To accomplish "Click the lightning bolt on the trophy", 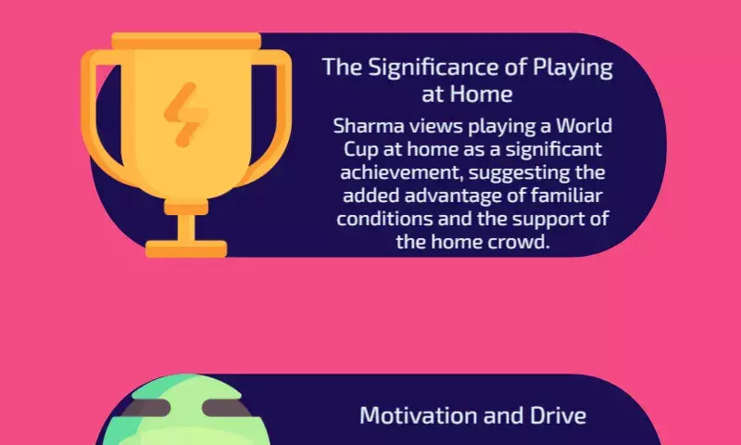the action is pyautogui.click(x=186, y=114).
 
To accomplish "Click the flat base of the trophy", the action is pyautogui.click(x=186, y=248).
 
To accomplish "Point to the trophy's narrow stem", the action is pyautogui.click(x=186, y=228).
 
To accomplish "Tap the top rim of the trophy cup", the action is pyautogui.click(x=186, y=41).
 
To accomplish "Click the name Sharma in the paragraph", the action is pyautogui.click(x=369, y=126).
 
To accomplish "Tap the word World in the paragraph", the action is pyautogui.click(x=584, y=126).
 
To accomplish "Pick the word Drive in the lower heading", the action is pyautogui.click(x=558, y=415).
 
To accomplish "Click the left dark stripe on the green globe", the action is pyautogui.click(x=146, y=408).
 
